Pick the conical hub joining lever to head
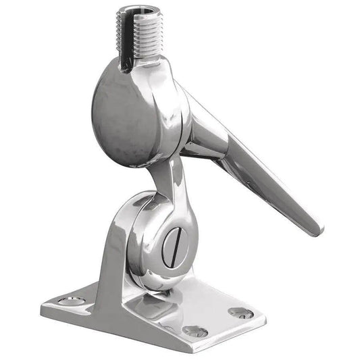point(203,128)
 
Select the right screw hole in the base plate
point(239,312)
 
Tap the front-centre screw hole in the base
point(195,331)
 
